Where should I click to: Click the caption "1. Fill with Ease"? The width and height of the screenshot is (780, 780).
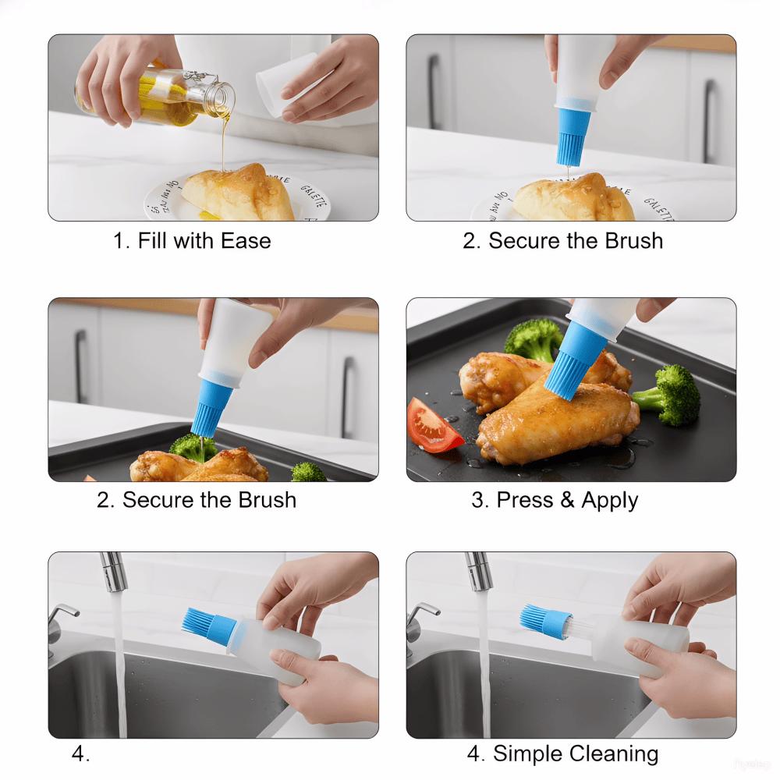pyautogui.click(x=192, y=240)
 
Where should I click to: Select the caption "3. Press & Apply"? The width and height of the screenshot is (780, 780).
pyautogui.click(x=555, y=499)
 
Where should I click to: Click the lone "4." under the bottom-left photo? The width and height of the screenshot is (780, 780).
pyautogui.click(x=81, y=753)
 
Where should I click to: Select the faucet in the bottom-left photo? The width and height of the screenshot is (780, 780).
pyautogui.click(x=114, y=573)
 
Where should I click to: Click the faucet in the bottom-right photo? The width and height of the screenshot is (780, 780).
pyautogui.click(x=478, y=573)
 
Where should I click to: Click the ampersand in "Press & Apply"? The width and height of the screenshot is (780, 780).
pyautogui.click(x=567, y=499)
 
